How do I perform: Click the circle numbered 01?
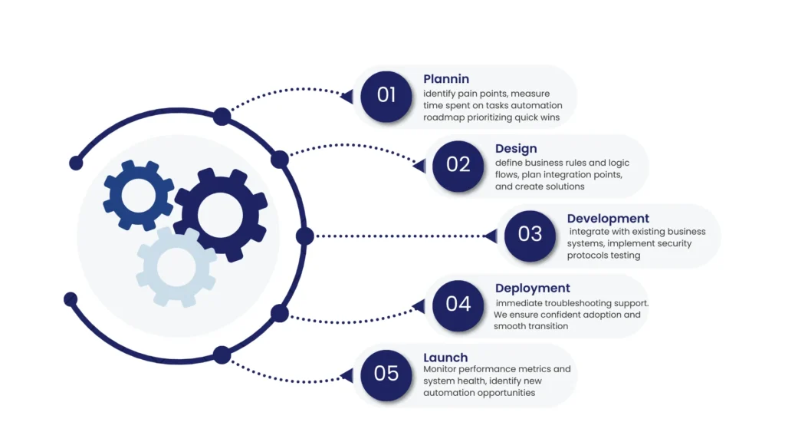coord(386,95)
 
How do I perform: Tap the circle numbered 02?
coord(458,164)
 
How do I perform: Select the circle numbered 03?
coord(530,234)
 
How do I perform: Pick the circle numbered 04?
coord(458,304)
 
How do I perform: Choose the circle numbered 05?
coord(386,374)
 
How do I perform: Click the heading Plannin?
coord(446,79)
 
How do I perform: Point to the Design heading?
coord(516,149)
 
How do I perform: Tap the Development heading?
coord(608,219)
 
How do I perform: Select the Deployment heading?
coord(533,289)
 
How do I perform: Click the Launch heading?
coord(446,358)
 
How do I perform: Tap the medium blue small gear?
coord(138,196)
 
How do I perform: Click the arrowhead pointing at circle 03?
coord(491,236)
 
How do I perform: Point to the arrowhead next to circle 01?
coord(347,97)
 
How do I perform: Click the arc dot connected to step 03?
coord(304,236)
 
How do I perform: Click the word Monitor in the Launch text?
coord(441,369)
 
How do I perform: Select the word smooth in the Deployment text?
coord(510,326)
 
